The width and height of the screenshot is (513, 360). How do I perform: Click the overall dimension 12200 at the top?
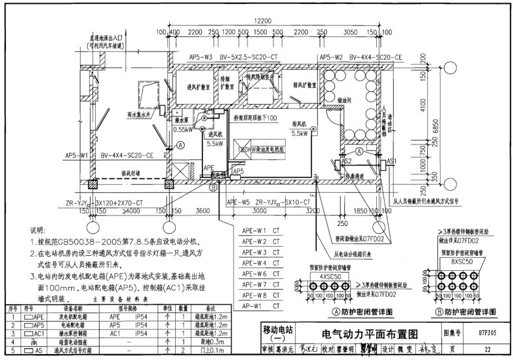(x=263, y=21)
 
